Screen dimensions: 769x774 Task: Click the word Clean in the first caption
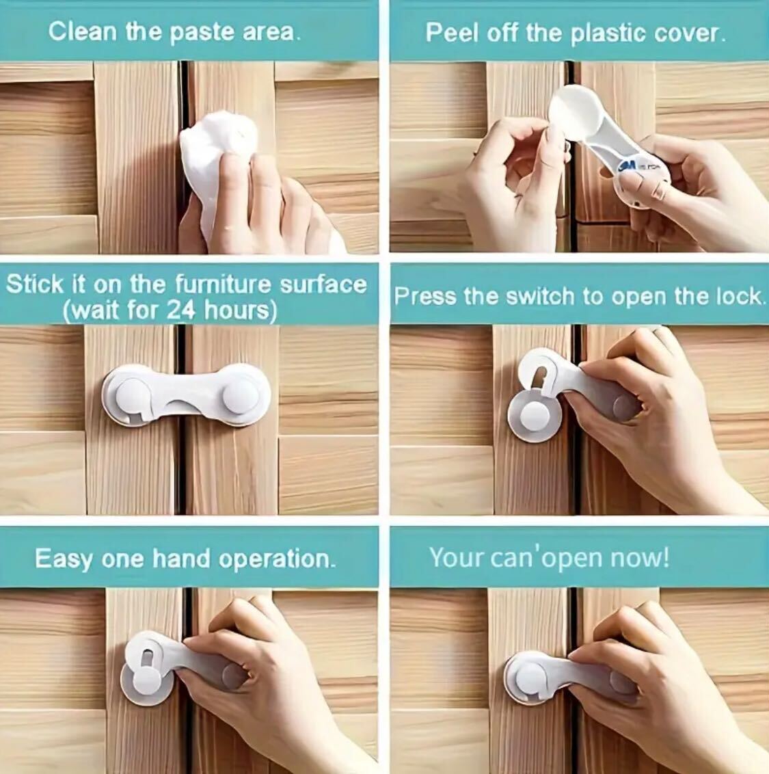point(83,31)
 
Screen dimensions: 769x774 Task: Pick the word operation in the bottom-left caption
point(276,559)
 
